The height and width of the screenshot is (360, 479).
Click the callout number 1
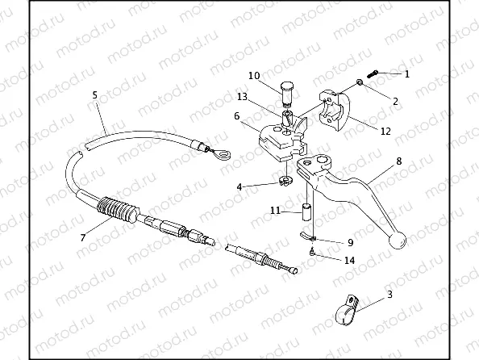coord(406,74)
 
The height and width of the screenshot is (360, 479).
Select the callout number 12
coord(385,132)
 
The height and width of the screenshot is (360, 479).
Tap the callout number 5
coord(94,95)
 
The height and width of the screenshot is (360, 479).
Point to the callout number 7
coord(83,237)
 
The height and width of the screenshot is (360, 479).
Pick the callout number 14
coord(349,260)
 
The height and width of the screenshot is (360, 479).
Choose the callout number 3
coord(389,295)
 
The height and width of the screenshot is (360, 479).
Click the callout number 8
coord(399,161)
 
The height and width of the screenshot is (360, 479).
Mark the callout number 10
coord(254,76)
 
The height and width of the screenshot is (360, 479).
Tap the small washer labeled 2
coord(360,82)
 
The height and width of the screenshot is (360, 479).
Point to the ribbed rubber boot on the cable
coord(117,208)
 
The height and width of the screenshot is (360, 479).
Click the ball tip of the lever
coord(398,241)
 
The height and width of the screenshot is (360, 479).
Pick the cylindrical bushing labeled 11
coord(306,211)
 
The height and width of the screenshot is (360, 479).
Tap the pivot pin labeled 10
coord(286,94)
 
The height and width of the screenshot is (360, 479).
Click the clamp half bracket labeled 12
coord(334,111)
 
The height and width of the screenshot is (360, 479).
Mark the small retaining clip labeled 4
coord(285,181)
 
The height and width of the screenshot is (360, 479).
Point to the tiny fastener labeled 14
coord(312,253)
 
